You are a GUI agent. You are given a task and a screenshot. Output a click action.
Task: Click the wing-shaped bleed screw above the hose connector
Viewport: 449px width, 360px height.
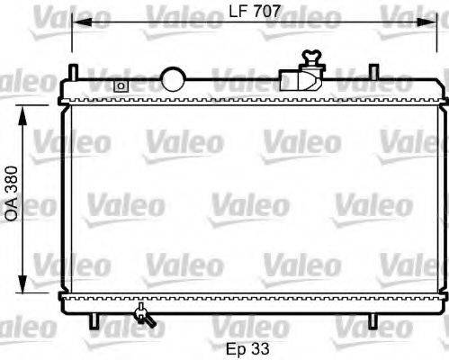[312, 58]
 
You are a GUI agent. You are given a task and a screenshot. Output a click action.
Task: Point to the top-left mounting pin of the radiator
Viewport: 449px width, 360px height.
[75, 70]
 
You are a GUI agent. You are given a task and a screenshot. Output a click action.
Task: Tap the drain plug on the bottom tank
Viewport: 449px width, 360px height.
[142, 314]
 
